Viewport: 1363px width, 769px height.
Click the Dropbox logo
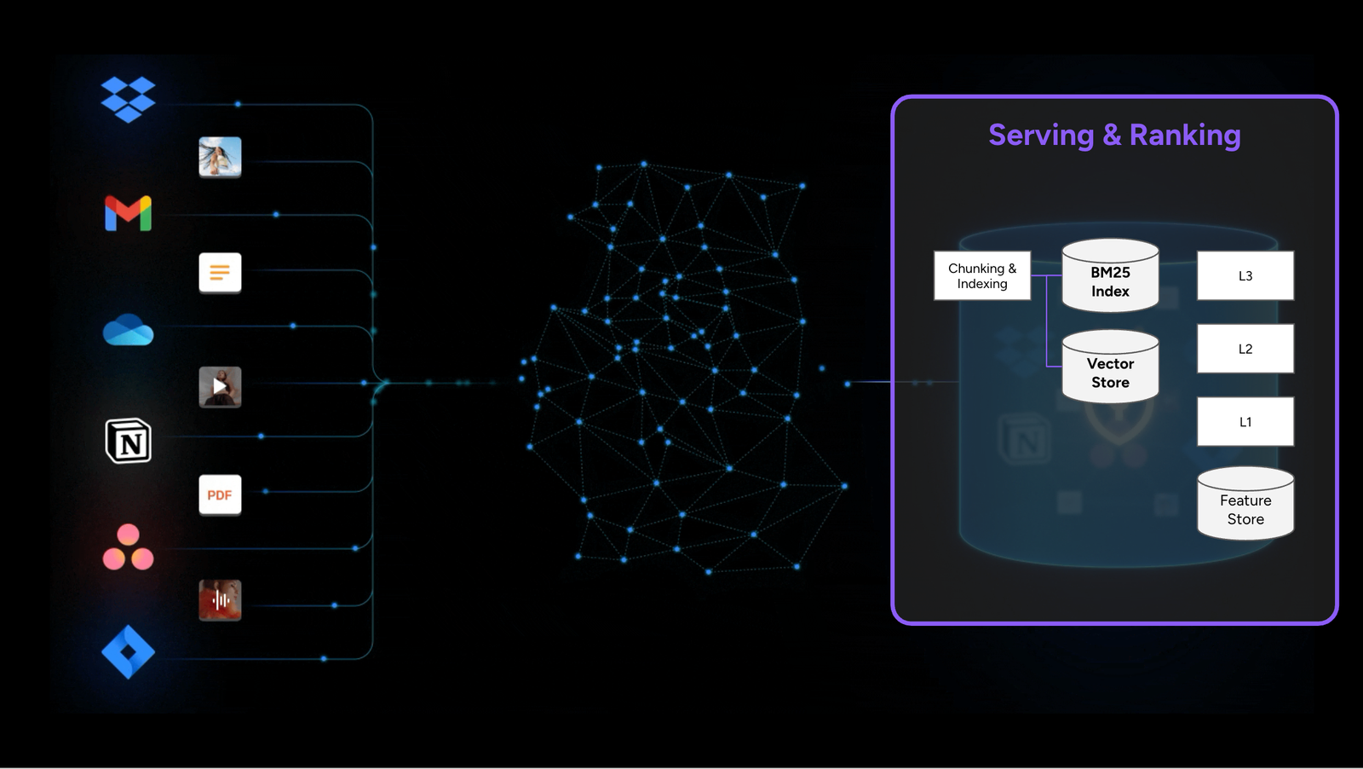point(128,99)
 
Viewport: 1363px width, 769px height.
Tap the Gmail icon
point(128,213)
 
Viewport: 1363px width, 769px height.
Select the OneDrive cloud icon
point(128,330)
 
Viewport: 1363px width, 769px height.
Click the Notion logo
point(128,441)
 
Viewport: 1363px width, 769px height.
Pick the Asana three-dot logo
point(128,547)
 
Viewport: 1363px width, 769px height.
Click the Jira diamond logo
point(128,652)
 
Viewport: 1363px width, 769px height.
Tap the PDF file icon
point(220,494)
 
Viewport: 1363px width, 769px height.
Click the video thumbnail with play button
point(220,386)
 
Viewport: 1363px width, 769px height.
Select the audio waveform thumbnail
point(220,599)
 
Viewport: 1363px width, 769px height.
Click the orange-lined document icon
point(220,273)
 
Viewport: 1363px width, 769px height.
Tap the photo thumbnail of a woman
point(220,157)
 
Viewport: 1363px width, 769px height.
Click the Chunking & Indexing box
point(982,275)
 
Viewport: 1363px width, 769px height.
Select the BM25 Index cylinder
point(1110,277)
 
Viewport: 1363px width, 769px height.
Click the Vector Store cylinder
point(1110,368)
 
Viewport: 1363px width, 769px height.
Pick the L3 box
point(1245,275)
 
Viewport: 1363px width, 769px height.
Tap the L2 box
point(1245,349)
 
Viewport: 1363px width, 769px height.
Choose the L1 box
point(1245,422)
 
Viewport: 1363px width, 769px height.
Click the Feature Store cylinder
point(1245,506)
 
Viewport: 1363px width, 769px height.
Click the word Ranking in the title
point(1184,136)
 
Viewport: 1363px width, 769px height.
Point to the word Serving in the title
point(1041,136)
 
